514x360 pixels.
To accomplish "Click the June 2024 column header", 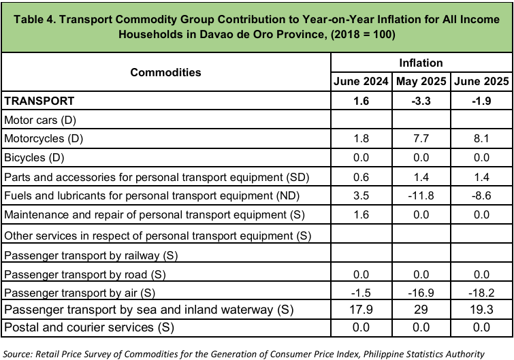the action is pyautogui.click(x=361, y=81).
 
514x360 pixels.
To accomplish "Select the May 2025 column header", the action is pyautogui.click(x=421, y=81).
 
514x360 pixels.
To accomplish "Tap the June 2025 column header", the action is pyautogui.click(x=481, y=81).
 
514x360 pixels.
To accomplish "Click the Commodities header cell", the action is pyautogui.click(x=165, y=72).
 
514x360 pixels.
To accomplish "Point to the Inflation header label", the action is pyautogui.click(x=421, y=63).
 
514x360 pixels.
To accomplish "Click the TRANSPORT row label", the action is pyautogui.click(x=39, y=101).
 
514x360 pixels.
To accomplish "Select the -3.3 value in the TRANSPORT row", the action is pyautogui.click(x=421, y=101).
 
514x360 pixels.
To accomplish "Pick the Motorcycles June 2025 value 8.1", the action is pyautogui.click(x=481, y=138).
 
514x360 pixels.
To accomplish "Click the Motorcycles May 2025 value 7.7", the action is pyautogui.click(x=421, y=138).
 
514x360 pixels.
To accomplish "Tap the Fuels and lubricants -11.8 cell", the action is pyautogui.click(x=421, y=195).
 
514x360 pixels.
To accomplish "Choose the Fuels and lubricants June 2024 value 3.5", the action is pyautogui.click(x=362, y=195).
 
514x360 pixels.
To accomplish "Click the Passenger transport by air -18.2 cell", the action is pyautogui.click(x=481, y=293).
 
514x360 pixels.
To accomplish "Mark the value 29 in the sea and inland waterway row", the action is pyautogui.click(x=421, y=310).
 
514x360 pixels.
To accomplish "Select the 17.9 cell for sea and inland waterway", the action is pyautogui.click(x=362, y=310).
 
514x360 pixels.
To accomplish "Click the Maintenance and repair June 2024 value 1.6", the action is pyautogui.click(x=362, y=214).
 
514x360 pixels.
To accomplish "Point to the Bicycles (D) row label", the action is pyautogui.click(x=34, y=158).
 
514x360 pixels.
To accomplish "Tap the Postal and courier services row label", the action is pyautogui.click(x=89, y=327).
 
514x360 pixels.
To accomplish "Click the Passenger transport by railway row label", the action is pyautogui.click(x=91, y=255).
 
